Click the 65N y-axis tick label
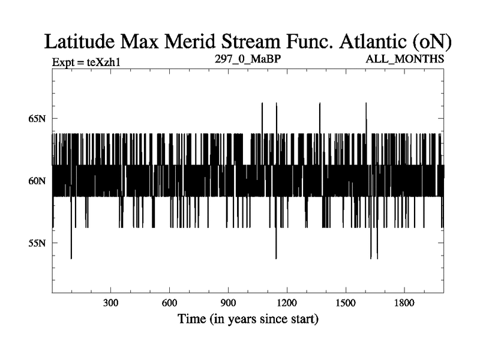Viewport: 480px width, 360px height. [37, 118]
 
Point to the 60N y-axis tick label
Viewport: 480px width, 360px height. [37, 181]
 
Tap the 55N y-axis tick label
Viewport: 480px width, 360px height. [37, 243]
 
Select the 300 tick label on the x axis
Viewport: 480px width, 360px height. [111, 302]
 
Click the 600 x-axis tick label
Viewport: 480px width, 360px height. [170, 302]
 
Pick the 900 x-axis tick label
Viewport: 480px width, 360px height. [229, 302]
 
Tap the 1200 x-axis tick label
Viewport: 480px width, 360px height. [287, 302]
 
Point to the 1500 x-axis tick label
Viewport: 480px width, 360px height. [346, 302]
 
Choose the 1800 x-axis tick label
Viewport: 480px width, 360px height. [405, 302]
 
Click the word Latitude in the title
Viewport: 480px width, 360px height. [82, 41]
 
